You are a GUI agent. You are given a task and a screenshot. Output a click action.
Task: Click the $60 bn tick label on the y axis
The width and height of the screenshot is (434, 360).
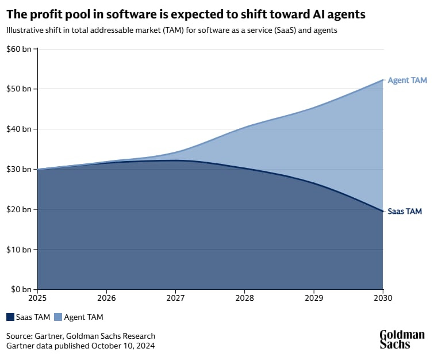(x=18, y=49)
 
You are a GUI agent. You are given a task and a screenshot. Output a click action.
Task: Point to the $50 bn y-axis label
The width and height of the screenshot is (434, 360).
(x=18, y=89)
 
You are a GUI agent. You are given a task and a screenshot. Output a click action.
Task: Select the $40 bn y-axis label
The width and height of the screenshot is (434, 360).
(x=18, y=129)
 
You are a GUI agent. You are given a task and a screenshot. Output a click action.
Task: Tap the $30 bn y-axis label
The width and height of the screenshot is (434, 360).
(x=18, y=170)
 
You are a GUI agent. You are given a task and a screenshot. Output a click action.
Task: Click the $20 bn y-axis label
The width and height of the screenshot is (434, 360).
(x=18, y=210)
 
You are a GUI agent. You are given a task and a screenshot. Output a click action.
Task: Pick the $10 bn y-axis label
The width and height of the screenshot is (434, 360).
(x=18, y=250)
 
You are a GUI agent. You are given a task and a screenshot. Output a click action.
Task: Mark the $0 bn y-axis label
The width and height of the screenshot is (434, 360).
(x=20, y=290)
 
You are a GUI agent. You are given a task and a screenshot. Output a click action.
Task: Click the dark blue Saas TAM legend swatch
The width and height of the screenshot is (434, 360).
(x=11, y=317)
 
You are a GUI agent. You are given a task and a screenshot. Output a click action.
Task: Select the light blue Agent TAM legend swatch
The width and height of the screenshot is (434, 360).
(x=57, y=317)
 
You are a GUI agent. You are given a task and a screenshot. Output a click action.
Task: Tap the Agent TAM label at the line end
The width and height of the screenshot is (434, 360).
(x=407, y=81)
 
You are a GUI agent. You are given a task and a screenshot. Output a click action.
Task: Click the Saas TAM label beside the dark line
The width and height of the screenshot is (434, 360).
(x=405, y=212)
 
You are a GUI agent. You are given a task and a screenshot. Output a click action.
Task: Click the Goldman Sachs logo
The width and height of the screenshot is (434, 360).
(x=402, y=339)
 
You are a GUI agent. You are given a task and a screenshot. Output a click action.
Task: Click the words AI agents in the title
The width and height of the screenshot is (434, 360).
(x=338, y=13)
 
